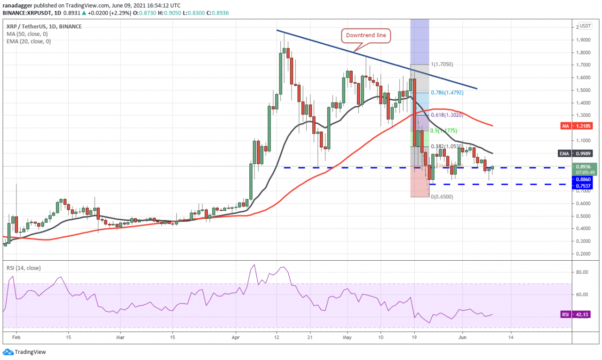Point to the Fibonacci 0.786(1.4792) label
point(448,93)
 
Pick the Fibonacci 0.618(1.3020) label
point(447,115)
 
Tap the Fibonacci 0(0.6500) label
point(442,197)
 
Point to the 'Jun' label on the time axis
point(462,337)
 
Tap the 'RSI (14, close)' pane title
point(24,268)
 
